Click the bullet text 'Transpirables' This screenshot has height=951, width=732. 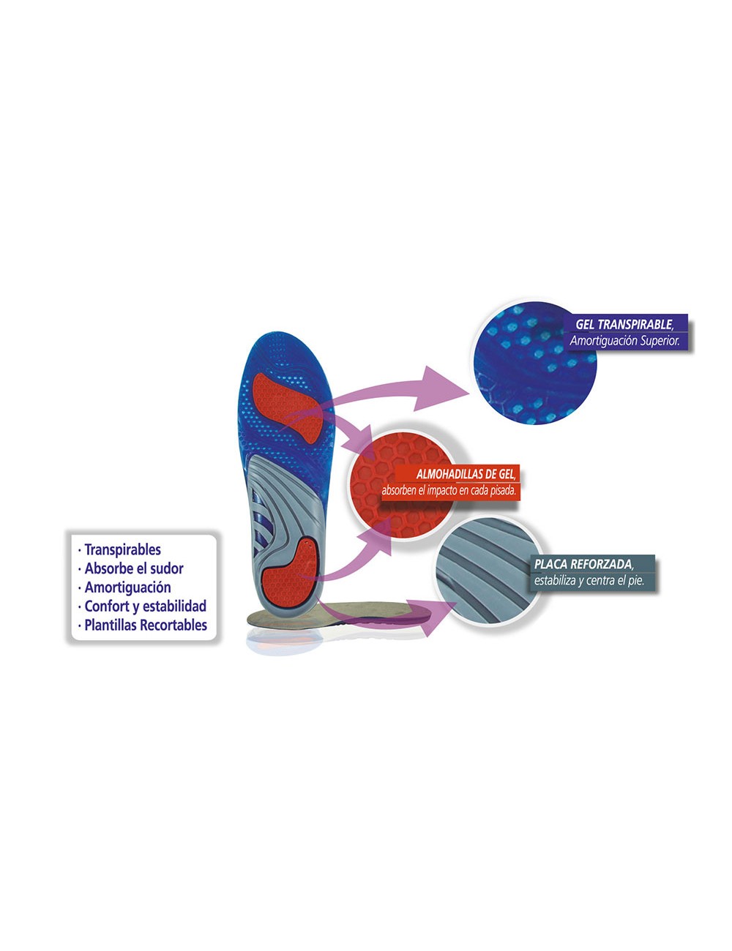pyautogui.click(x=122, y=549)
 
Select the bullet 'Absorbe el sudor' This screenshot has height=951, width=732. pyautogui.click(x=134, y=568)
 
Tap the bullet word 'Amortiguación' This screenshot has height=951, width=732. pyautogui.click(x=127, y=587)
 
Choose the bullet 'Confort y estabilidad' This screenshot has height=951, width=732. pyautogui.click(x=145, y=606)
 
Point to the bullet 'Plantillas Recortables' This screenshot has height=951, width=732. pyautogui.click(x=146, y=625)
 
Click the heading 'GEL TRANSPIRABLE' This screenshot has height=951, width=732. pyautogui.click(x=624, y=324)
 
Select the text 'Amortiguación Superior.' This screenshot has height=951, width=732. pyautogui.click(x=624, y=341)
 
